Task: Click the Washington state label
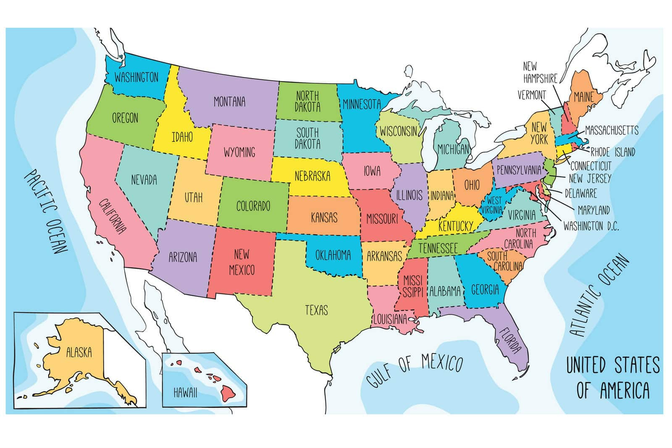tap(136, 77)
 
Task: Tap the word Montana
tap(229, 102)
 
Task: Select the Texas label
tap(316, 310)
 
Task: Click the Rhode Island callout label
tap(612, 152)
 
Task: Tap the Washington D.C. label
tap(591, 226)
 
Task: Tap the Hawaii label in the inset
tap(185, 393)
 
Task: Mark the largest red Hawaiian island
tap(229, 392)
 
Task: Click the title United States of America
tap(613, 377)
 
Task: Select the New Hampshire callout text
tap(540, 72)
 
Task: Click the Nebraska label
tap(312, 176)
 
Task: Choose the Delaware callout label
tap(580, 193)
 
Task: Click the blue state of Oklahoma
tap(333, 255)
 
